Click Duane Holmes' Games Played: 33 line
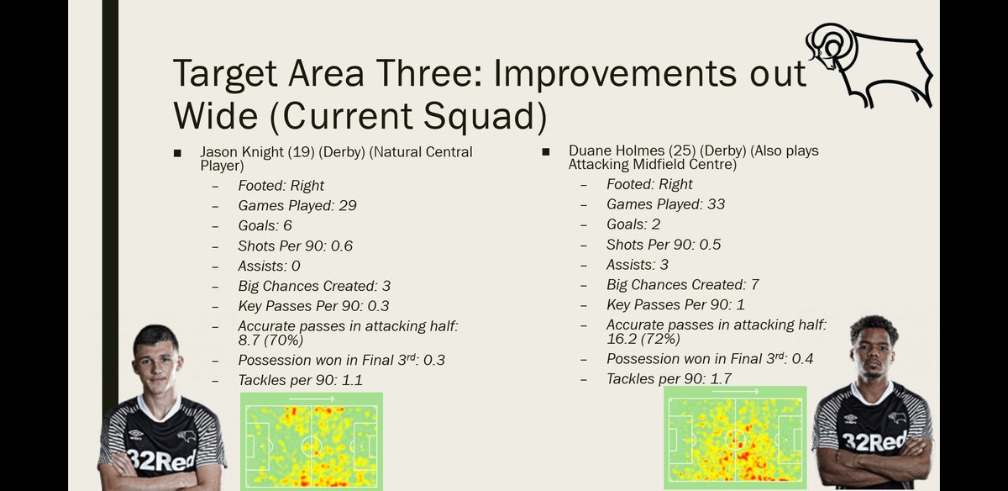(x=665, y=204)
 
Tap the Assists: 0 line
(x=269, y=267)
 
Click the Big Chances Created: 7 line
(x=683, y=285)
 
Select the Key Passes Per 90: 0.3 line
(x=313, y=306)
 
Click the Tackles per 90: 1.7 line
(x=669, y=379)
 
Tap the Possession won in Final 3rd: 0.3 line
(x=342, y=361)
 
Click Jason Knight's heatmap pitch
(x=311, y=440)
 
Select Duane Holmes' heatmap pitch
(x=735, y=437)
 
